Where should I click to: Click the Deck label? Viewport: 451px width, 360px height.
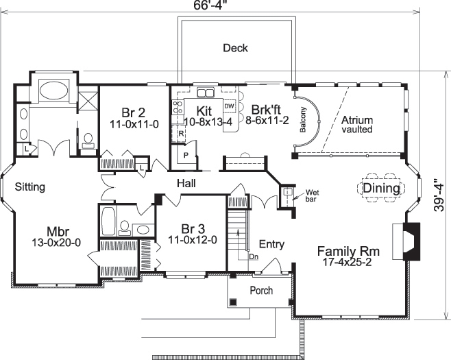tap(235, 48)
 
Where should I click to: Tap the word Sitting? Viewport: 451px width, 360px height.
tap(30, 186)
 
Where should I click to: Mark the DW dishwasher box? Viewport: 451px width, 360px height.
tap(230, 107)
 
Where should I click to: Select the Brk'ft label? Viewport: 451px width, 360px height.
tap(265, 110)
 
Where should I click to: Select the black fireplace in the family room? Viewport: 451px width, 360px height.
tap(409, 241)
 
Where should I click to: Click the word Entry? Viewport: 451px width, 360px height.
tap(271, 244)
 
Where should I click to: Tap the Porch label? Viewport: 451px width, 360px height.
tap(260, 290)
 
